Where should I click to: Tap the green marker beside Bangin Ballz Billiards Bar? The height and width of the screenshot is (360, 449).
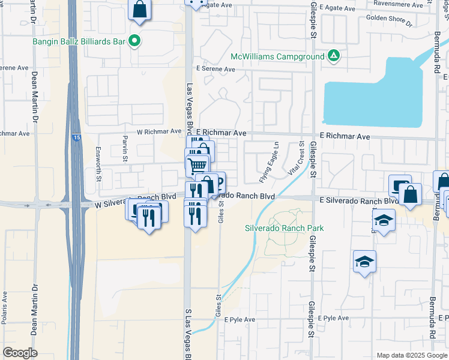136,41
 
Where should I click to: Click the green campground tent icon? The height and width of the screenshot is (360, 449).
334,57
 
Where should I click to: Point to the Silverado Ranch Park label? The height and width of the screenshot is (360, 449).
284,228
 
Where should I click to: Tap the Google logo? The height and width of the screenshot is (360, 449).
20,353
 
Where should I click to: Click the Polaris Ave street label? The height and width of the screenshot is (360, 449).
4,308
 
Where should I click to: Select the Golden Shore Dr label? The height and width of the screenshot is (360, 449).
389,22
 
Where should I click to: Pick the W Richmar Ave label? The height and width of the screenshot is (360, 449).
159,131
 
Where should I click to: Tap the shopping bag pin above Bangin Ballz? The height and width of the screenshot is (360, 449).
139,10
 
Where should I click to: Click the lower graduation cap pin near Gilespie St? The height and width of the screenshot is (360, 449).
364,262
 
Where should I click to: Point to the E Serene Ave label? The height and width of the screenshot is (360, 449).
214,69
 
